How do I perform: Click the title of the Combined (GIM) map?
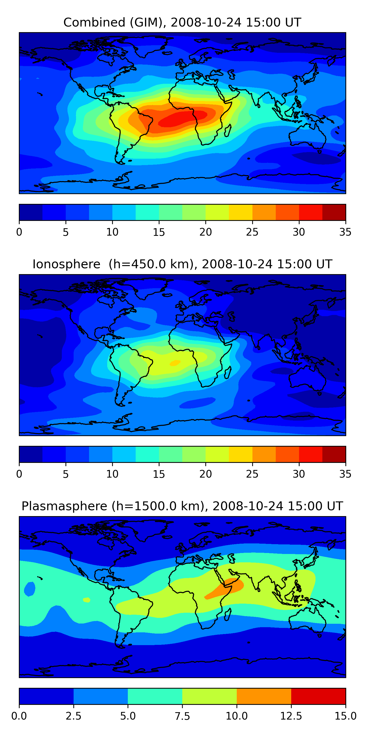pos(182,22)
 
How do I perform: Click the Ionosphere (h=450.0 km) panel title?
pos(182,264)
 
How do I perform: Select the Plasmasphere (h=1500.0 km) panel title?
pos(182,506)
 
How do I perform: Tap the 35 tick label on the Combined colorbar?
pos(345,232)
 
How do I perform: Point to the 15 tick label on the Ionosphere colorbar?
pos(159,474)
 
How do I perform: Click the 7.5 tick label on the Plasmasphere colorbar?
pos(182,716)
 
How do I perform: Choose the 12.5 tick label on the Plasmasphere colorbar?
pos(291,716)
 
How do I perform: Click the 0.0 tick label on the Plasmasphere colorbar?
pos(19,716)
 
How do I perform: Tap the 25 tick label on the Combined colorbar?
pos(252,232)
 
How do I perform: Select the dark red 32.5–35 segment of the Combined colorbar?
pos(334,212)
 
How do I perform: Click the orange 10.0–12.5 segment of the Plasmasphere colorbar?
pos(264,696)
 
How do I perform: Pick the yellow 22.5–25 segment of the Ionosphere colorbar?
pos(241,454)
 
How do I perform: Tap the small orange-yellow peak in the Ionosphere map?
pos(175,363)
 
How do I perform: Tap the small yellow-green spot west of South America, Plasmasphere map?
pos(87,600)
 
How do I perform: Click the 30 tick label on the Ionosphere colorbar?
pos(299,474)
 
